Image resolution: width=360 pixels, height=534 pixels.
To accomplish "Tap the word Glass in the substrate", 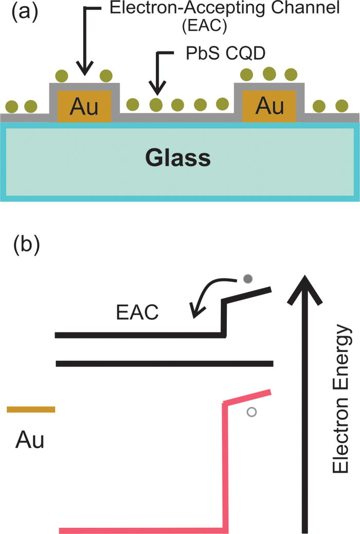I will tap(177, 158).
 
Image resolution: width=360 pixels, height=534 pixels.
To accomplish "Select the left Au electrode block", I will tap(84, 106).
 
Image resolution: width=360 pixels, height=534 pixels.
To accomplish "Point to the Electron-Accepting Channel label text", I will tap(222, 10).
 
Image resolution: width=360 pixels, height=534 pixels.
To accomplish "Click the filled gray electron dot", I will tap(248, 279).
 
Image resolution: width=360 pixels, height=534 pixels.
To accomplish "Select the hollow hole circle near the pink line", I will tap(251, 412).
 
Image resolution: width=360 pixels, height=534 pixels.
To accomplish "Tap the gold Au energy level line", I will tap(31, 409).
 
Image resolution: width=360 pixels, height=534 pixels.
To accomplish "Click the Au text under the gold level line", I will tap(30, 440).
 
